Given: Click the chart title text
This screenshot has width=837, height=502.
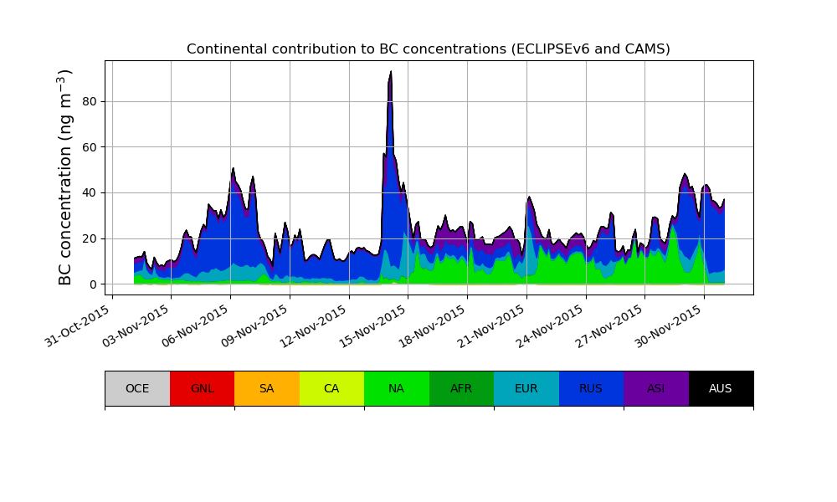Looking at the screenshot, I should point(428,49).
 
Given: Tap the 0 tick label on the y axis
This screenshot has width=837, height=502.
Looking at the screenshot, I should point(94,284).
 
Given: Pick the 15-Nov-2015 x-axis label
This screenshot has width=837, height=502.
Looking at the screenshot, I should point(374,323).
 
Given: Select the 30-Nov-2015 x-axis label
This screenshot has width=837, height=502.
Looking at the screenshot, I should point(670,323).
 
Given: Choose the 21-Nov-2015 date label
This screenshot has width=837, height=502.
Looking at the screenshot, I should point(493,323).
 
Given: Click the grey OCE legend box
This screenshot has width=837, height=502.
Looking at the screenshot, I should point(137,388).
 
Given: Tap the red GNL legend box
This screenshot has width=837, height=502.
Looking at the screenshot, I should point(202,388).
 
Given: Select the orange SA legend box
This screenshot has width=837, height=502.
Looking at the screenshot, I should point(266,388).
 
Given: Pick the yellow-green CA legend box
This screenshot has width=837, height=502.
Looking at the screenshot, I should point(331,388).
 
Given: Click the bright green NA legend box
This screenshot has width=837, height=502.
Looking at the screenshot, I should point(396,388).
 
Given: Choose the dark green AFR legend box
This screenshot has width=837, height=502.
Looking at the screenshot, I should point(461,388).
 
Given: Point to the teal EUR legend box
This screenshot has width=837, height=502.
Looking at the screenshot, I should point(526,388).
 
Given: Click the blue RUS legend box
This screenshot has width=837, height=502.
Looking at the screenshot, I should point(591,388).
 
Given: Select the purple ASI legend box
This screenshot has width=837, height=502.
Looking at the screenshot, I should point(655,388).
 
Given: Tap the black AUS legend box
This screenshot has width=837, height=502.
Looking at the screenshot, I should point(721,388).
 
